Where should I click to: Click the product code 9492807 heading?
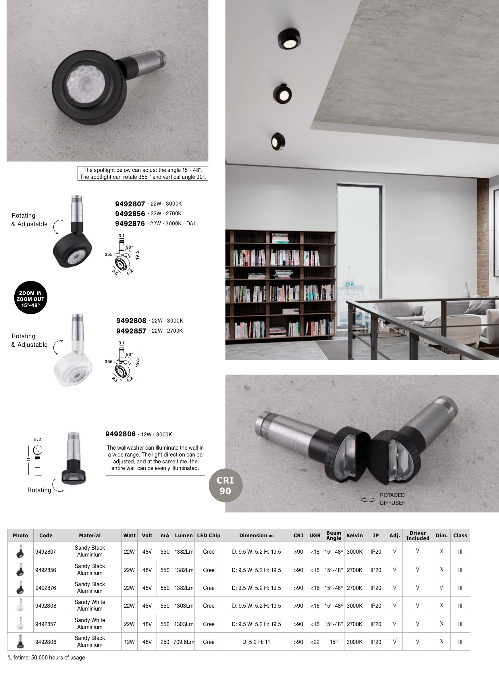[130, 204]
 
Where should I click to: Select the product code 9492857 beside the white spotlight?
[131, 331]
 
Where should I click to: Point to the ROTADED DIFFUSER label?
[392, 499]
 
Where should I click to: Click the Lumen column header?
[184, 536]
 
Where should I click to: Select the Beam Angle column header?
[334, 536]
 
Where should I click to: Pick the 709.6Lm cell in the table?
[184, 642]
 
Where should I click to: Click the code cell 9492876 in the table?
[46, 588]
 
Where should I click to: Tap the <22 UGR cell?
[315, 642]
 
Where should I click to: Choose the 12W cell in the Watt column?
[129, 642]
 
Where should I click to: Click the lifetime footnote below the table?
[46, 657]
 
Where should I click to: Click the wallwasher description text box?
[155, 458]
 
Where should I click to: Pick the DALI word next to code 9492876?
[192, 224]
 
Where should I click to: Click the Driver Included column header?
[417, 536]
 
